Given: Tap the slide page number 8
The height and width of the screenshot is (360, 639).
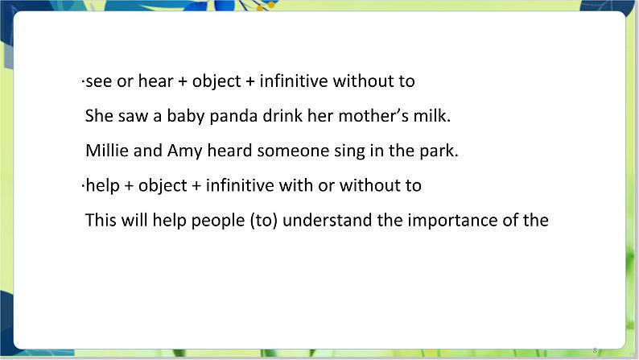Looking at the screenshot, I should point(595,350).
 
